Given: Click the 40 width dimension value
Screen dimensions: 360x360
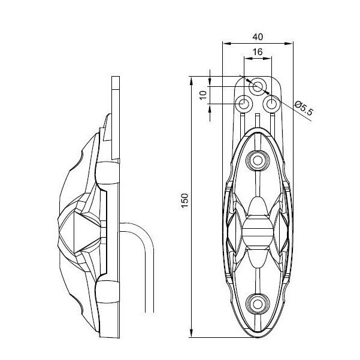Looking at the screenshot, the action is [258, 37].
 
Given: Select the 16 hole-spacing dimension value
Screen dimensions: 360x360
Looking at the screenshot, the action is [258, 52].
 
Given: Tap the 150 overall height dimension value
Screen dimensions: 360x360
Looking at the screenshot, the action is [185, 201].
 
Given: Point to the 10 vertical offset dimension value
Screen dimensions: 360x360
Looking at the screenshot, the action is [203, 95].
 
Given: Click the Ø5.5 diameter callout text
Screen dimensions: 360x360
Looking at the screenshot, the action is [304, 108].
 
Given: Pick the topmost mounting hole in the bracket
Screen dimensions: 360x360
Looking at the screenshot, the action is [258, 86].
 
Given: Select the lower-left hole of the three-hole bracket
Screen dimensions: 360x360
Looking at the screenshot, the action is [244, 104].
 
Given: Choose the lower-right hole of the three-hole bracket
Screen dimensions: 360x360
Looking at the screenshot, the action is [271, 104].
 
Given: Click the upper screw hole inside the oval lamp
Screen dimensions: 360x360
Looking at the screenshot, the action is [258, 161].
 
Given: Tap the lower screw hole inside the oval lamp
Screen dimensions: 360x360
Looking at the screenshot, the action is [258, 305].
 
